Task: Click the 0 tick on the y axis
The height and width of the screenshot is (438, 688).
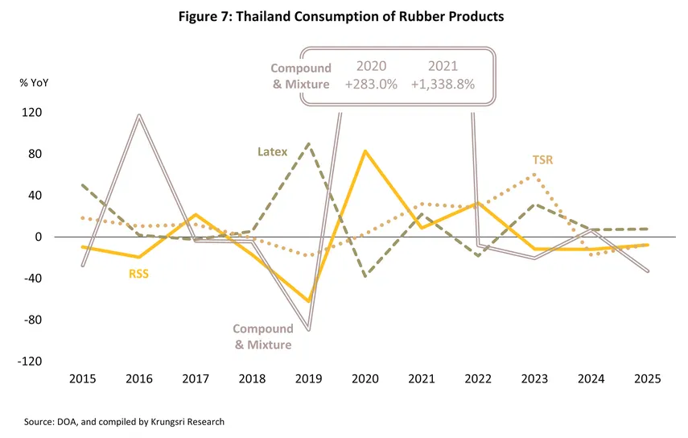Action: [36, 238]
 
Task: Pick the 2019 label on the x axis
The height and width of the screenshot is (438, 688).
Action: [309, 378]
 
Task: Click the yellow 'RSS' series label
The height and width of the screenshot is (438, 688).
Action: [139, 273]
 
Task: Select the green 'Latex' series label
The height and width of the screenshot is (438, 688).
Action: [272, 151]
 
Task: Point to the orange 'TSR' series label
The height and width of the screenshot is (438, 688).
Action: [543, 159]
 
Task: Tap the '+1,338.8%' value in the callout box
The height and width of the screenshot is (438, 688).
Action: [443, 84]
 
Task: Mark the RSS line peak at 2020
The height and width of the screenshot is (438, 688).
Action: [365, 151]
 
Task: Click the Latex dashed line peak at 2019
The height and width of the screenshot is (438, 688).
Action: [310, 143]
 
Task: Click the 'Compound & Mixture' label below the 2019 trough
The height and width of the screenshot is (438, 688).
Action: [262, 337]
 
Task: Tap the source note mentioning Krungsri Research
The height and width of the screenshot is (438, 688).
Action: [124, 421]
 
